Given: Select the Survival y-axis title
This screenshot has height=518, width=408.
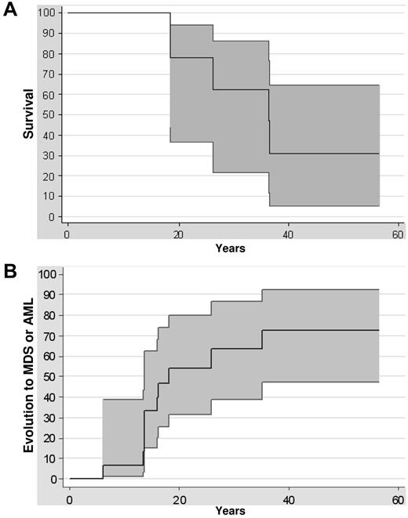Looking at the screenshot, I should point(28,115).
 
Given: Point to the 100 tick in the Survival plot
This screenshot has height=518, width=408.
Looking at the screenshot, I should point(49,13).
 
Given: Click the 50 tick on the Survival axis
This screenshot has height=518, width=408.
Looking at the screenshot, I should point(52,115).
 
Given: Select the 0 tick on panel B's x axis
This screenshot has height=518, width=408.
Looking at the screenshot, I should point(70,498).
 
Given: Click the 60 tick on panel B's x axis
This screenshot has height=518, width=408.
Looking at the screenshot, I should point(398,498).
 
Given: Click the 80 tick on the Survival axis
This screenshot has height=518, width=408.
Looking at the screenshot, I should point(52,54).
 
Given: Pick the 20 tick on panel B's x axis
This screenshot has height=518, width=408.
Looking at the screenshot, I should point(179,498).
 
